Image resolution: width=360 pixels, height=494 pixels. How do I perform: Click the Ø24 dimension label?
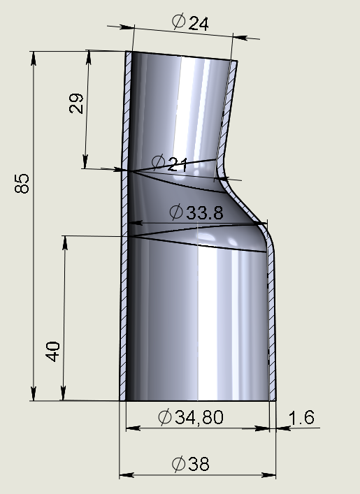(190, 22)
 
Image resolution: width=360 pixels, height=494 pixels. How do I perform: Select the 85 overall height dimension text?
(22, 183)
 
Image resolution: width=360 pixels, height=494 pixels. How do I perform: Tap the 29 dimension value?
(76, 103)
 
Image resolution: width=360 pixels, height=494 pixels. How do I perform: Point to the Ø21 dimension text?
(170, 163)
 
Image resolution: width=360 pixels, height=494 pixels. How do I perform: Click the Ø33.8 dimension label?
(196, 212)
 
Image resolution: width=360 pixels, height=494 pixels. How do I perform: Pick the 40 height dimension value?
(52, 351)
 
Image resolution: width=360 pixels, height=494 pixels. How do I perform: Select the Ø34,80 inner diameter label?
(191, 416)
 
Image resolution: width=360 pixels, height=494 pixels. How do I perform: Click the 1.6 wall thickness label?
(301, 417)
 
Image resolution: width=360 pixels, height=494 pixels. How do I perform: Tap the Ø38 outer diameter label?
(191, 464)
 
